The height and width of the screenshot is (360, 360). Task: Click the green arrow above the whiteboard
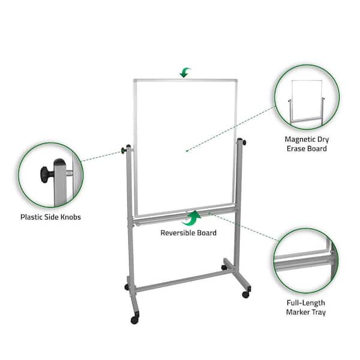point(185,73)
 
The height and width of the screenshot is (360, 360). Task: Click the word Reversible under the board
point(178,233)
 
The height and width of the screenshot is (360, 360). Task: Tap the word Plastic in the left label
point(31,217)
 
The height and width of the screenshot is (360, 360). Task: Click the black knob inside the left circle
point(47,175)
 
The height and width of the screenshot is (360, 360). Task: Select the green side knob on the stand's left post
point(124,151)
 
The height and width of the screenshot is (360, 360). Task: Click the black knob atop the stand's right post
point(244,143)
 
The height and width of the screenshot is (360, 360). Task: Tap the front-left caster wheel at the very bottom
point(134,320)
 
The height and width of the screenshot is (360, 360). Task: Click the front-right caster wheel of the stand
point(245,295)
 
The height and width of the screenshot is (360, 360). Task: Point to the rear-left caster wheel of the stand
point(127,287)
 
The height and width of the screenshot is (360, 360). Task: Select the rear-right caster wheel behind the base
point(224,268)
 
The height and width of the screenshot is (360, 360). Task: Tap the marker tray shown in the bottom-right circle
point(304,263)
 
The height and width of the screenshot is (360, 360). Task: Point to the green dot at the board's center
point(187,151)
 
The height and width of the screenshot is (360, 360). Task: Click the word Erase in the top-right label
point(296,149)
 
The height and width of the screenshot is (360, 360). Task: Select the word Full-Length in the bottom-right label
point(306,303)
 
